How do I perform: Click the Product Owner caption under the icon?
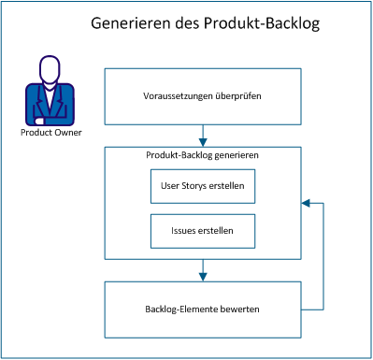(50, 132)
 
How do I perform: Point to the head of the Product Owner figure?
(50, 70)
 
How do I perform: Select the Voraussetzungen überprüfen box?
(202, 96)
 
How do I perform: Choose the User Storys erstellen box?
(202, 186)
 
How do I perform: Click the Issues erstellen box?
(202, 229)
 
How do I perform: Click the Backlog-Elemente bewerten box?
(202, 308)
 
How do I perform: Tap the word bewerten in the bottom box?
(240, 308)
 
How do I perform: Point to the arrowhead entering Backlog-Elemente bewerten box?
(202, 276)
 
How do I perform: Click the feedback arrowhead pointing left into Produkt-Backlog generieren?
(305, 201)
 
